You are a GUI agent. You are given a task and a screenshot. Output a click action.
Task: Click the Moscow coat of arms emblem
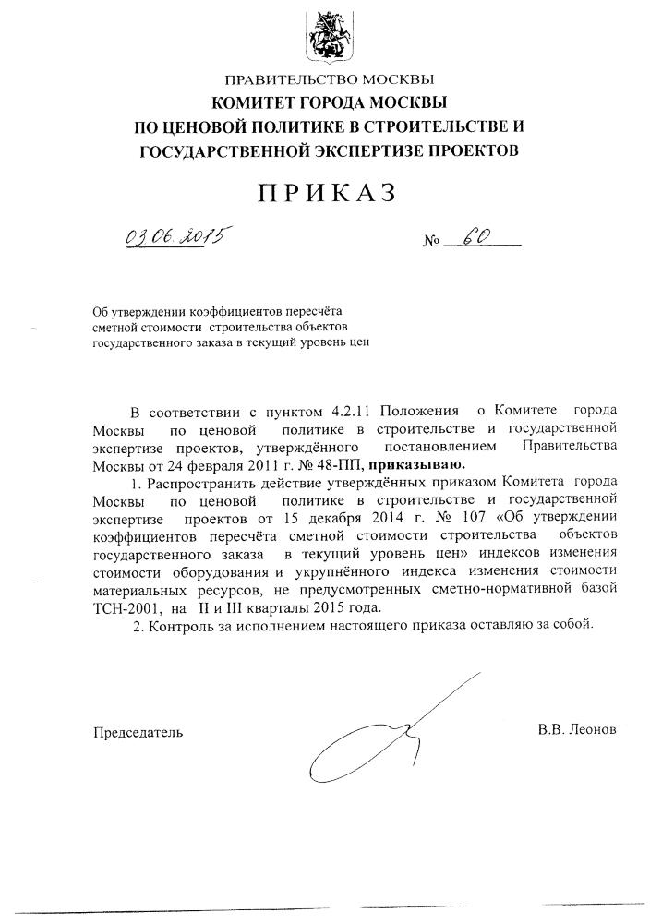tap(325, 40)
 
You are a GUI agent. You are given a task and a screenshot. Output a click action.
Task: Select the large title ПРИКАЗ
tap(326, 193)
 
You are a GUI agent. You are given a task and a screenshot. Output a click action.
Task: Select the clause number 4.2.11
tap(355, 409)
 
